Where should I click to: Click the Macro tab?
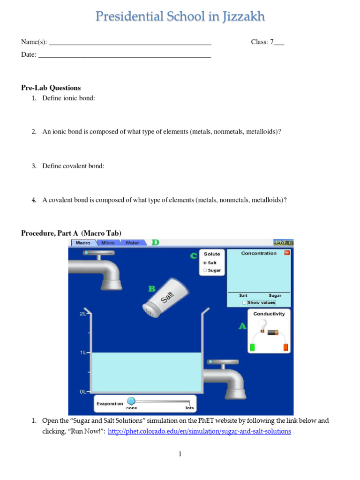click(x=83, y=243)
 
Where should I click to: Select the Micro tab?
click(x=108, y=243)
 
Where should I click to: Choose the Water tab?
click(x=132, y=243)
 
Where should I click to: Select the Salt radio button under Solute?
click(x=205, y=263)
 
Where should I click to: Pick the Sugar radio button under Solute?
click(x=205, y=270)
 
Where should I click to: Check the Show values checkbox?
click(x=244, y=303)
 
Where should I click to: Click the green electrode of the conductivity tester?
click(x=252, y=347)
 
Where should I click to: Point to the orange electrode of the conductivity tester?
click(x=285, y=347)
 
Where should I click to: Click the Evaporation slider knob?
click(x=131, y=401)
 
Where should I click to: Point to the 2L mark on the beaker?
click(x=83, y=314)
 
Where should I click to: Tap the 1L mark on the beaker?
click(x=83, y=352)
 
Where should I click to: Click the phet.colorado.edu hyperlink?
click(x=199, y=431)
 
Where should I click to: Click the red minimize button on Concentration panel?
click(x=287, y=253)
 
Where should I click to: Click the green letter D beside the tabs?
click(x=155, y=242)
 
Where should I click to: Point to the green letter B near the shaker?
click(x=152, y=289)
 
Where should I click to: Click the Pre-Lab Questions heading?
click(x=51, y=88)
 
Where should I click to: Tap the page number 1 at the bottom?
click(x=180, y=454)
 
